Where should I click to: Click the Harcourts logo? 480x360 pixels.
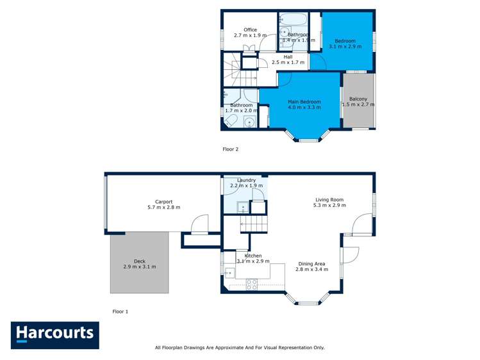coord(54,334)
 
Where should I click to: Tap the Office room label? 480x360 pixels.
coord(250,30)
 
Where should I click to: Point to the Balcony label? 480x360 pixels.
coord(358,99)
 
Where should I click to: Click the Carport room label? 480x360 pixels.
coord(163,202)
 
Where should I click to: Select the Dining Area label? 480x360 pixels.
coord(311,263)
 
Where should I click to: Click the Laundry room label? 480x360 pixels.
coord(247,180)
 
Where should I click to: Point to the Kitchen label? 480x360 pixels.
coord(253,256)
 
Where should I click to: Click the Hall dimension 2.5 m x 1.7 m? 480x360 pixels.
coord(288,63)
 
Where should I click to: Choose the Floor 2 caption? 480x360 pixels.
coord(230,149)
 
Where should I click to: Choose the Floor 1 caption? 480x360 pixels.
coord(120,311)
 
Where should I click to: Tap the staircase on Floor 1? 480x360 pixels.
coord(253,224)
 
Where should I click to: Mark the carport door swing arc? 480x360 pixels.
coord(200,222)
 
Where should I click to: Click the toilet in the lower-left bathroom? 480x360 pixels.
coord(232,121)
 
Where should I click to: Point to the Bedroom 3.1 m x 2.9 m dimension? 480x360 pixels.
coord(345,47)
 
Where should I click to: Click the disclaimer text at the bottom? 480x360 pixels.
coord(240,348)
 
